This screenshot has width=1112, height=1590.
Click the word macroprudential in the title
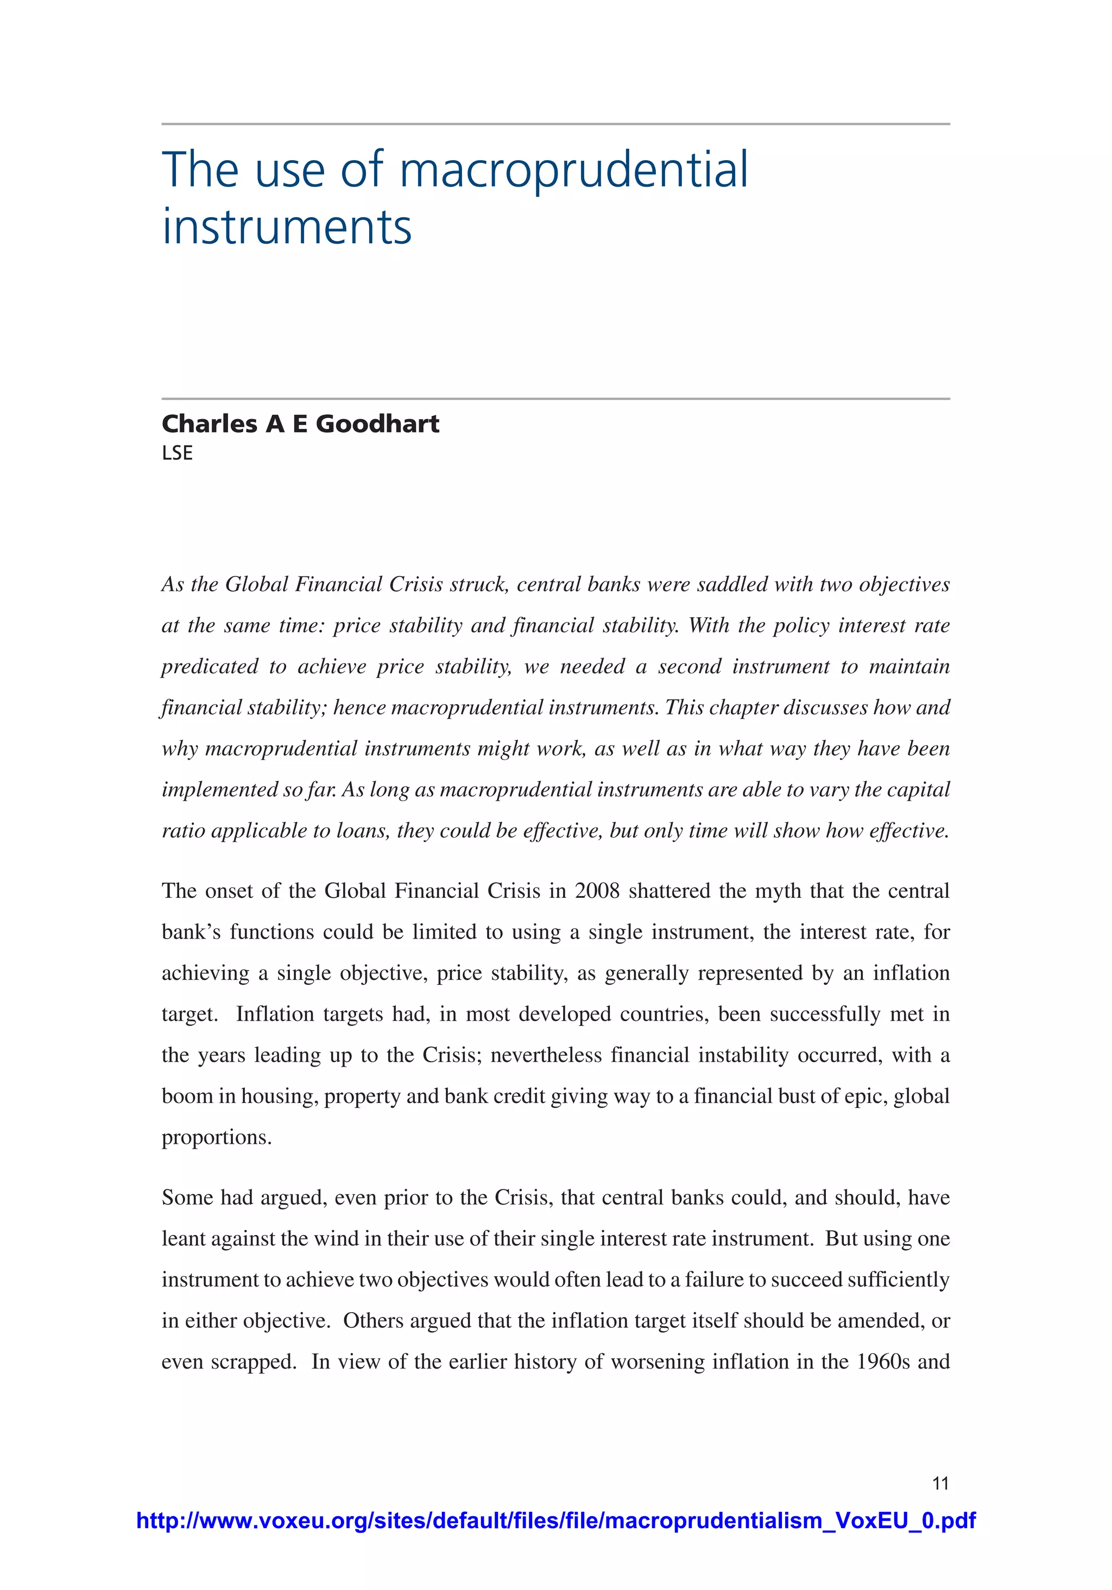574,170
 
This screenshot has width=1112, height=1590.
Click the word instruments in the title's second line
287,227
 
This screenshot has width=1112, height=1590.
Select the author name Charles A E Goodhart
300,424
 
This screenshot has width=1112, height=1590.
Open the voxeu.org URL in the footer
555,1521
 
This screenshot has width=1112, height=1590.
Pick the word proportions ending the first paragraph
216,1137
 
